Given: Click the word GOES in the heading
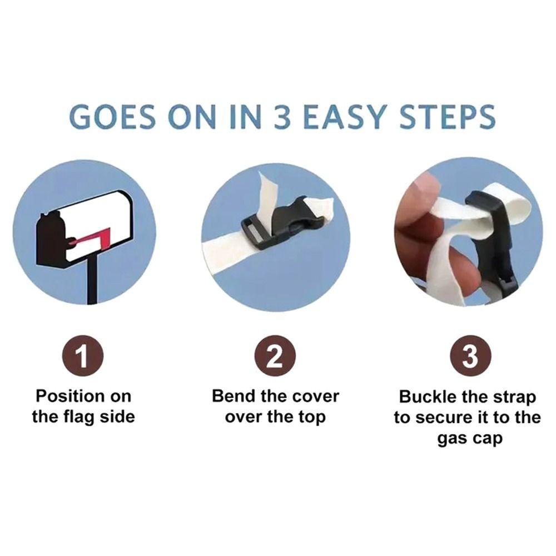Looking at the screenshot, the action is click(x=112, y=117).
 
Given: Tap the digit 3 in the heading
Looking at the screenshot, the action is click(x=282, y=117).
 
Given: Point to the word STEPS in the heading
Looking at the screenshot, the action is click(x=447, y=117).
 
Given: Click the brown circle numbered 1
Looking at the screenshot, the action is click(x=83, y=356).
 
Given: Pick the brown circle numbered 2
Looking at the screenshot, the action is click(x=276, y=356).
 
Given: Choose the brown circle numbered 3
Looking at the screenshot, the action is click(x=470, y=356).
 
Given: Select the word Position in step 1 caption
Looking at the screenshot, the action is click(x=68, y=396).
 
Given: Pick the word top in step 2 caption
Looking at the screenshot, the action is click(x=311, y=418).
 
